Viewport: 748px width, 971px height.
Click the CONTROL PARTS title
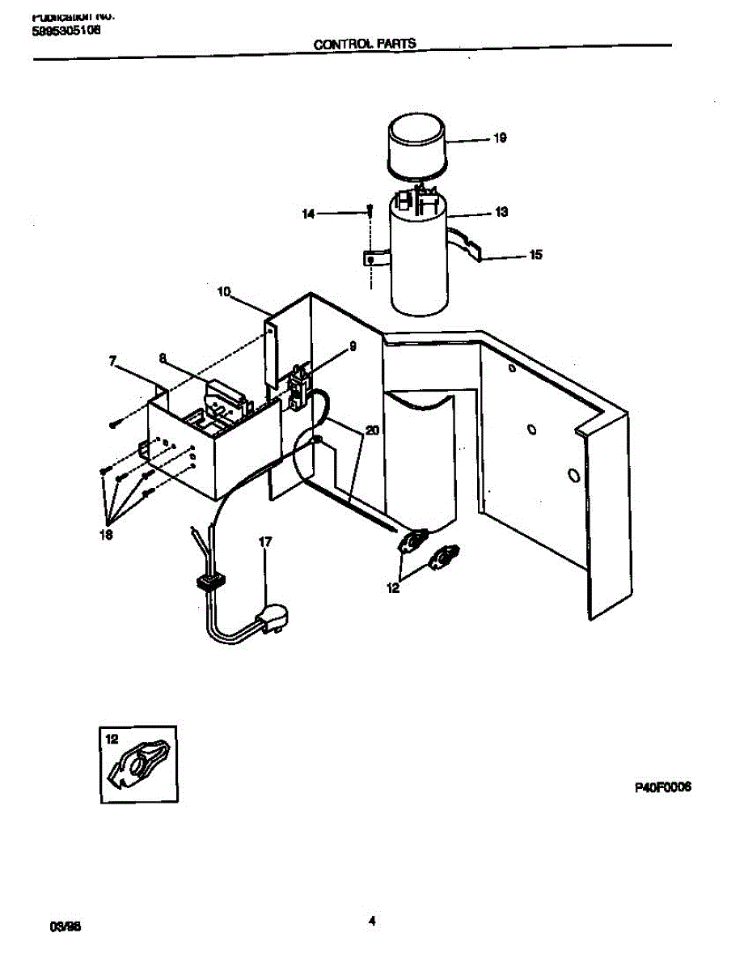(x=365, y=44)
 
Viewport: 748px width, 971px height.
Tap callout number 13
(x=501, y=213)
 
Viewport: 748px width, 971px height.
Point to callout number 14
(x=308, y=214)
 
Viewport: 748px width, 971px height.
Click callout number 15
(x=535, y=255)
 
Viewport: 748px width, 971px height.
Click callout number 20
(x=371, y=431)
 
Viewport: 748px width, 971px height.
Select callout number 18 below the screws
(x=106, y=535)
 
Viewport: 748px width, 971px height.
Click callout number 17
(x=265, y=542)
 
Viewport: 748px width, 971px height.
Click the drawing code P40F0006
(x=661, y=787)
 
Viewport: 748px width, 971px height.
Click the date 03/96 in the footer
(x=56, y=924)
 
